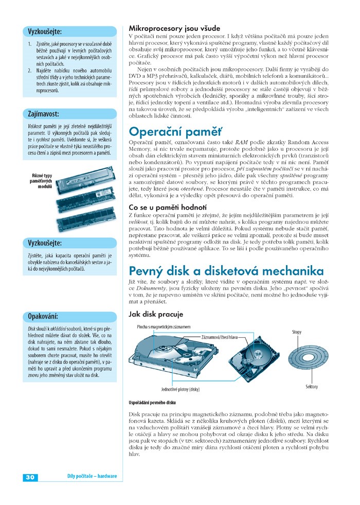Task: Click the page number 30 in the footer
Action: (x=29, y=477)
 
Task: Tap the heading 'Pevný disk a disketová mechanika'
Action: (x=226, y=270)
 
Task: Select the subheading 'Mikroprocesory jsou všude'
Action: (x=174, y=28)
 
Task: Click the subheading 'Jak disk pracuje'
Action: (x=155, y=314)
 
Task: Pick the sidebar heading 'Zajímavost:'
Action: (x=43, y=113)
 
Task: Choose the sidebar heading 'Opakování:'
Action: (x=43, y=316)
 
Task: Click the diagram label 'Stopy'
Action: (x=297, y=332)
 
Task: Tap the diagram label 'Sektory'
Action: (x=312, y=387)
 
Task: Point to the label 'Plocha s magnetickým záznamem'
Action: (x=164, y=327)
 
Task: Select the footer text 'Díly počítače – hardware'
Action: (x=92, y=477)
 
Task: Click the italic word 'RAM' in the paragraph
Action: (x=241, y=142)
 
